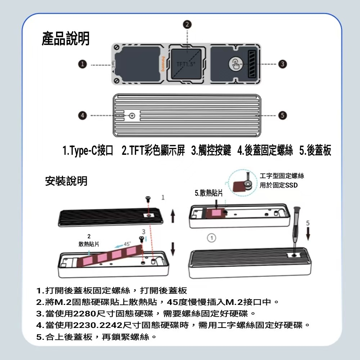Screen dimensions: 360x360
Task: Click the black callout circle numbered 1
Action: tap(83, 64)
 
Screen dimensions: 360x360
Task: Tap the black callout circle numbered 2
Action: tap(187, 24)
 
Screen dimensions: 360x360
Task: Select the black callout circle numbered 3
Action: tap(282, 64)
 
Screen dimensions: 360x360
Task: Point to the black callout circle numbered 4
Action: tap(83, 116)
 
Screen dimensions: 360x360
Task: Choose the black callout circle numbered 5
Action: tap(282, 116)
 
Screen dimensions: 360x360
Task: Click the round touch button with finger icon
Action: tap(235, 64)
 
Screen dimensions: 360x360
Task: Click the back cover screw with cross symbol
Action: tap(132, 116)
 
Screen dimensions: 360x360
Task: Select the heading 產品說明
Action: tap(66, 39)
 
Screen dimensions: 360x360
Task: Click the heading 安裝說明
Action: tap(66, 181)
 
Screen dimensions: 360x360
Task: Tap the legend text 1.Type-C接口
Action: tap(88, 150)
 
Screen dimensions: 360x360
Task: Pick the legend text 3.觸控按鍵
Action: tap(211, 150)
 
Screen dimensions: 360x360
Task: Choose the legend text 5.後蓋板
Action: tap(315, 150)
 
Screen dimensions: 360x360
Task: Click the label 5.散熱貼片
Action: tap(209, 193)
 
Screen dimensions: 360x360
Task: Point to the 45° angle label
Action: tap(127, 244)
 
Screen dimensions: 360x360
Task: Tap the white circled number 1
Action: tap(211, 238)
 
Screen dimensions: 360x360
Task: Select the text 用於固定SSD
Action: tap(279, 185)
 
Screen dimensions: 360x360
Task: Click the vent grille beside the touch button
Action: tap(252, 64)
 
